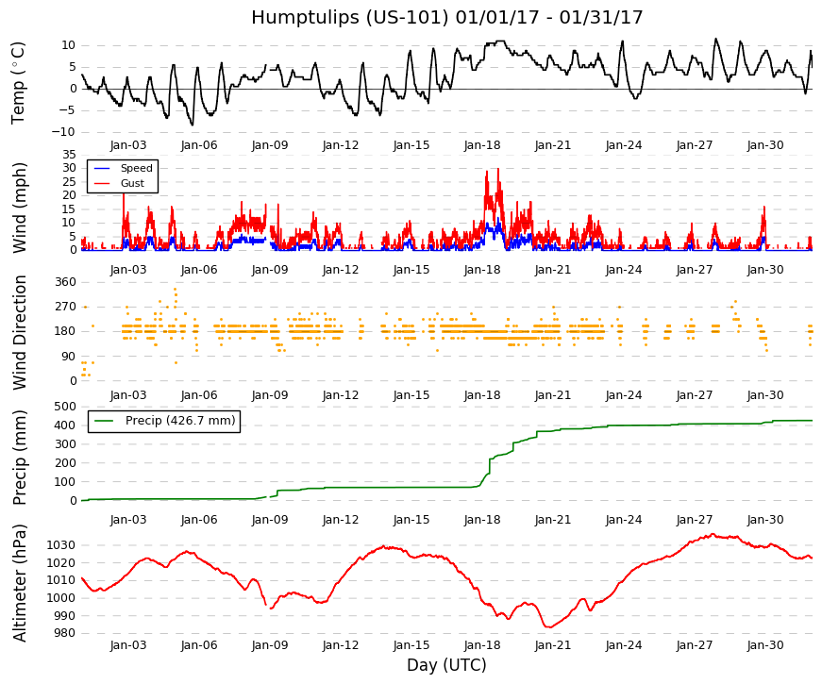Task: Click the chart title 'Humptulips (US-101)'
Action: click(350, 18)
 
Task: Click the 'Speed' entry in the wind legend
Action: click(136, 168)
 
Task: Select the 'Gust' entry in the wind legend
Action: click(132, 183)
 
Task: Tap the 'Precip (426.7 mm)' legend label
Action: click(180, 421)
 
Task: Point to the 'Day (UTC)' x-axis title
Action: click(446, 665)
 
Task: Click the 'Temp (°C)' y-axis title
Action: click(18, 83)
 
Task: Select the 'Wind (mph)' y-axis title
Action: click(19, 209)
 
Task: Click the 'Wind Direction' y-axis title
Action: click(20, 333)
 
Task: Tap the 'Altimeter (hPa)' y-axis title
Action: click(20, 583)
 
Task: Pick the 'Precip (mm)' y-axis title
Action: click(20, 457)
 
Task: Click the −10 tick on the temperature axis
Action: click(63, 132)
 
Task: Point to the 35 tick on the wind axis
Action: click(69, 154)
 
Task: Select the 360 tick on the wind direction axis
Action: click(65, 282)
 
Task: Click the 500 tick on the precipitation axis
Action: click(65, 407)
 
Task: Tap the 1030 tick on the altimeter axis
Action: click(60, 545)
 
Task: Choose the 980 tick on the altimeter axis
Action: click(64, 633)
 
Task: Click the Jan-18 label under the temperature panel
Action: click(482, 145)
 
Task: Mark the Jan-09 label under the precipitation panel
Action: click(270, 520)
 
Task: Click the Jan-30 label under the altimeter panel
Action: click(765, 645)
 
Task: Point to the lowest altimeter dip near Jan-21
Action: click(549, 626)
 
